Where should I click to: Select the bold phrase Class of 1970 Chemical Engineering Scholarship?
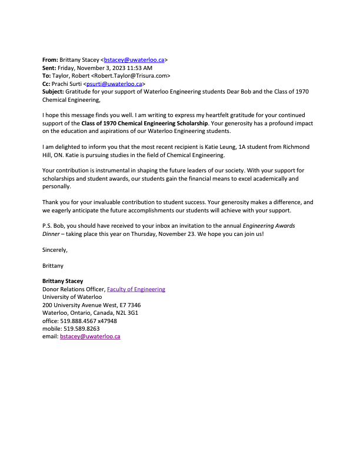point(144,123)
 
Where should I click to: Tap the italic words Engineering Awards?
point(285,226)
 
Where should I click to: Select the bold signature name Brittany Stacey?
point(63,281)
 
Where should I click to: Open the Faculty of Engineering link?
point(136,289)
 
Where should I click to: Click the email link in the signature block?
point(90,337)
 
